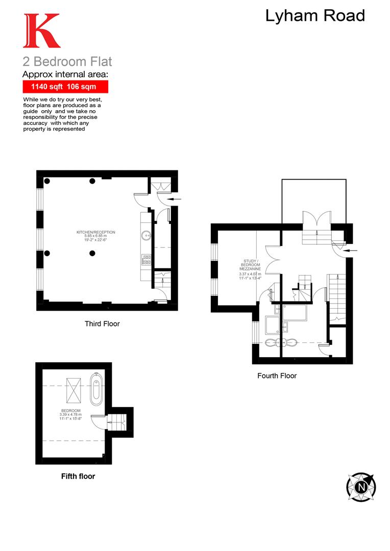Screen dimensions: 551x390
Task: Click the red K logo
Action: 41,31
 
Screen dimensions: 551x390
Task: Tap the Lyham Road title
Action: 315,16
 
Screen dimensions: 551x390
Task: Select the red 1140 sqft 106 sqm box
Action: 64,87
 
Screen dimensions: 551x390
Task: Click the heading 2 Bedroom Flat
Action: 67,62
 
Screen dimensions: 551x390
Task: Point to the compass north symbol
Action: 361,487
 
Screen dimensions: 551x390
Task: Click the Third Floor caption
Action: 102,323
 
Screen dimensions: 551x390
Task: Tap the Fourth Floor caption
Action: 277,375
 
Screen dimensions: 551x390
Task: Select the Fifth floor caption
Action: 78,477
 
